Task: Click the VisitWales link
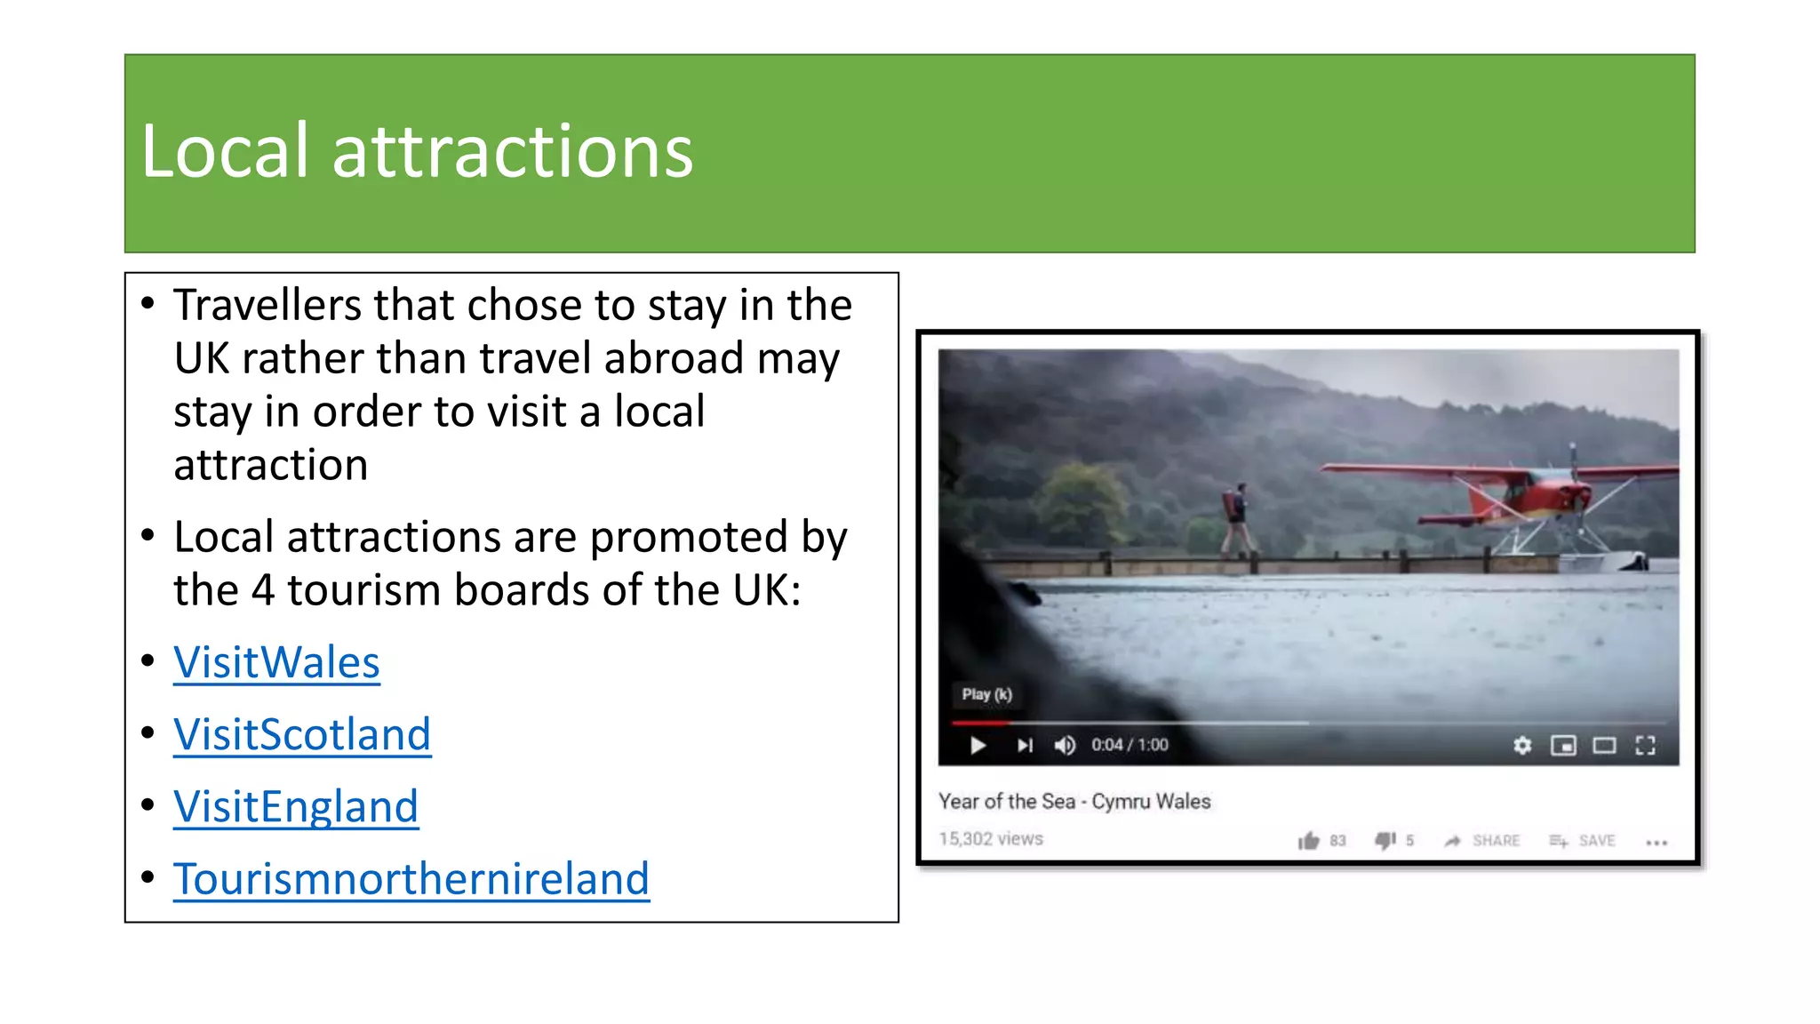(276, 663)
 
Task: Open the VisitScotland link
(302, 735)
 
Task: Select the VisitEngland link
(296, 807)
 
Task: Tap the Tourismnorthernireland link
(411, 879)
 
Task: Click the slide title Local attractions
(417, 152)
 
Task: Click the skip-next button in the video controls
(1025, 745)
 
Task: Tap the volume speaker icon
(1064, 745)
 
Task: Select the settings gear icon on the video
(1522, 745)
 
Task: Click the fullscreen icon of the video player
(1645, 745)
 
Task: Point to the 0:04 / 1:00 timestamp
(1130, 745)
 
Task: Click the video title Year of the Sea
(1074, 802)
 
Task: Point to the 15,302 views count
(991, 839)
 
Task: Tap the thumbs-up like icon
(1308, 840)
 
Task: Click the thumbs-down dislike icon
(1385, 840)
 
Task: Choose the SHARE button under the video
(1483, 840)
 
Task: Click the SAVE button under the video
(1584, 840)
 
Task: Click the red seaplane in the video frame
(1529, 498)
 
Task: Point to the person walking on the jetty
(1236, 520)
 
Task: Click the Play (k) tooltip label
(986, 694)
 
